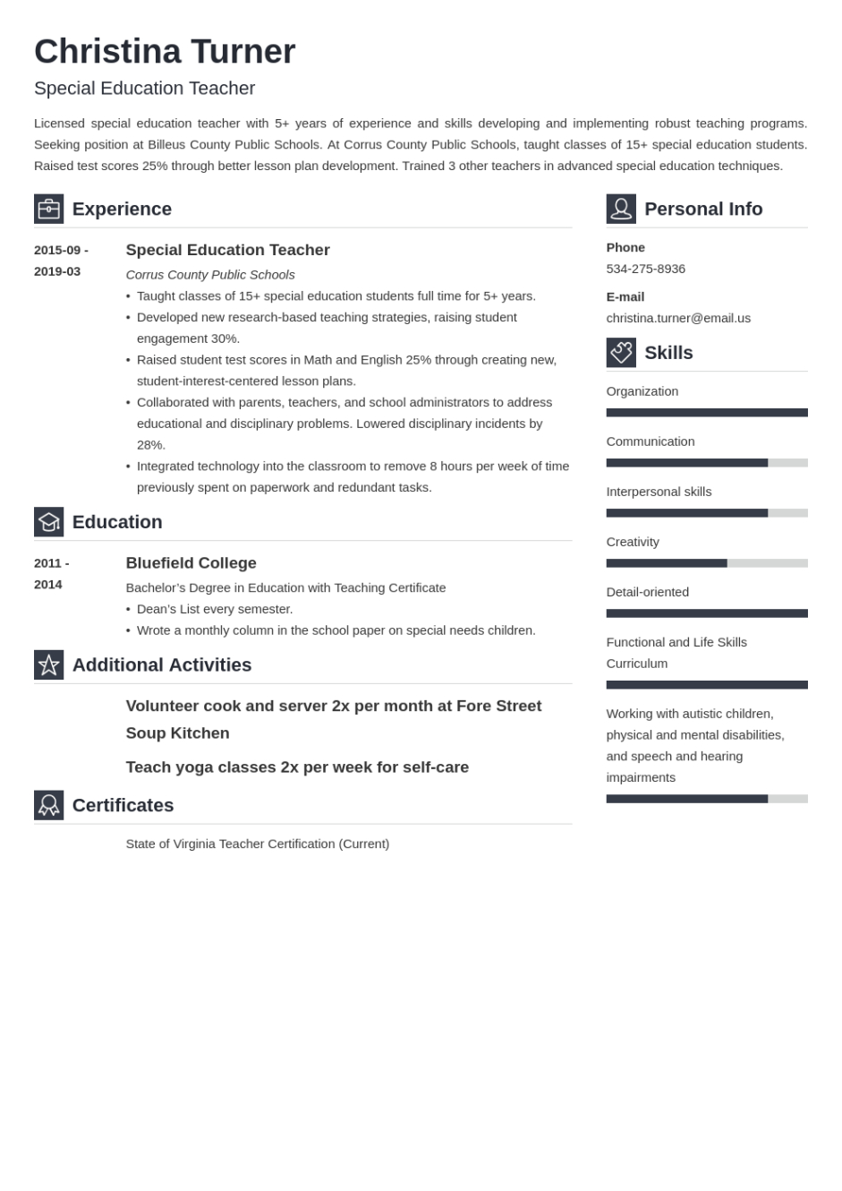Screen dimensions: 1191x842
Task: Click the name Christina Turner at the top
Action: [165, 52]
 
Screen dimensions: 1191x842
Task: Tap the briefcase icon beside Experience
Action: [48, 209]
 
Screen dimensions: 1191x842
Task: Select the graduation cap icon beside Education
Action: [48, 522]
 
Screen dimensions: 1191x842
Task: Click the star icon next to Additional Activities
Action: [48, 664]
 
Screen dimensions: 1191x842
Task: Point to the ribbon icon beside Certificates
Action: [48, 805]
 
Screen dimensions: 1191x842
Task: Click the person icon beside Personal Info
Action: [621, 209]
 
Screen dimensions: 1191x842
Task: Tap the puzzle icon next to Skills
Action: [621, 353]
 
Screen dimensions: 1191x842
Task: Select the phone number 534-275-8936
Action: [645, 269]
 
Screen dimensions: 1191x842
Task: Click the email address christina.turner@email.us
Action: [678, 318]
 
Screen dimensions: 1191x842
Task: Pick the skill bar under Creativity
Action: [706, 563]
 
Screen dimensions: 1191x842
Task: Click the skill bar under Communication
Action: [706, 463]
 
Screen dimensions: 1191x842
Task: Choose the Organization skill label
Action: [642, 391]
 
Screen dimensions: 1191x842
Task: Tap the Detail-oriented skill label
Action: [647, 592]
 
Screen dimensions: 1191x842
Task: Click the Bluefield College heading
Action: [191, 563]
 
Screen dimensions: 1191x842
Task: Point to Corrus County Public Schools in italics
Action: [210, 275]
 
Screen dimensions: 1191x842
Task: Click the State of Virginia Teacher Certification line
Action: [258, 844]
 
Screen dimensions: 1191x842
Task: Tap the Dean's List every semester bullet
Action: [215, 609]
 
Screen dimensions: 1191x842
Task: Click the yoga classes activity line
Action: [297, 767]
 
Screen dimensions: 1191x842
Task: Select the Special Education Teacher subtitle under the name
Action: [144, 88]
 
